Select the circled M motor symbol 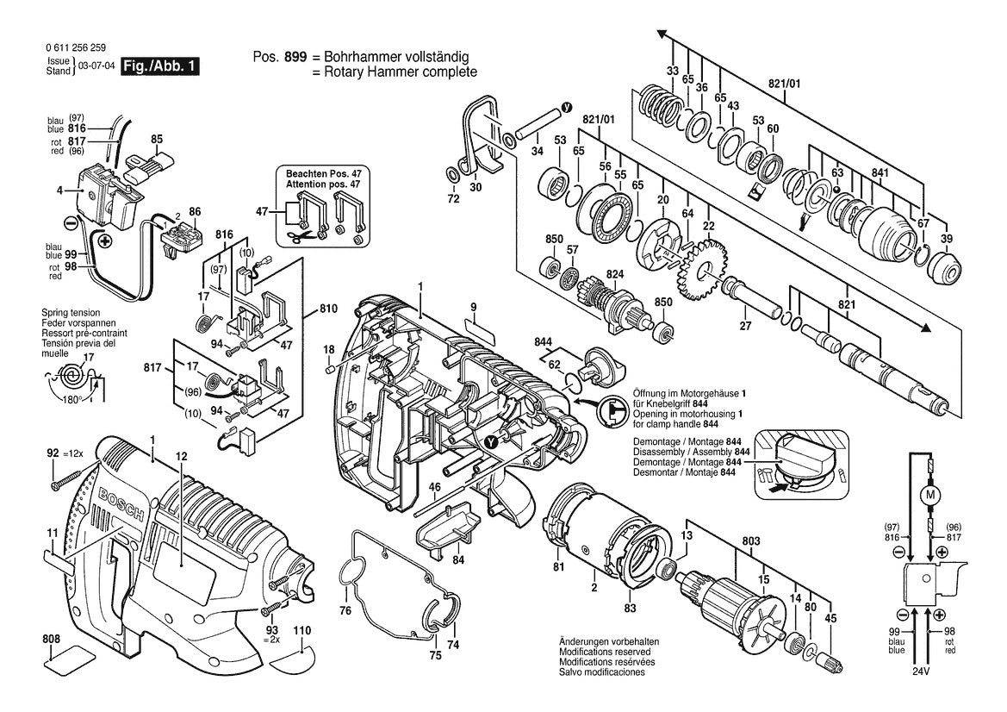pyautogui.click(x=929, y=495)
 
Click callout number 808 pyautogui.click(x=52, y=639)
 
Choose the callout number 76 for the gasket pyautogui.click(x=345, y=611)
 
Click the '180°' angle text pyautogui.click(x=71, y=400)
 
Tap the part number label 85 pyautogui.click(x=157, y=138)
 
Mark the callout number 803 pyautogui.click(x=751, y=541)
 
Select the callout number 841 pyautogui.click(x=879, y=172)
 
